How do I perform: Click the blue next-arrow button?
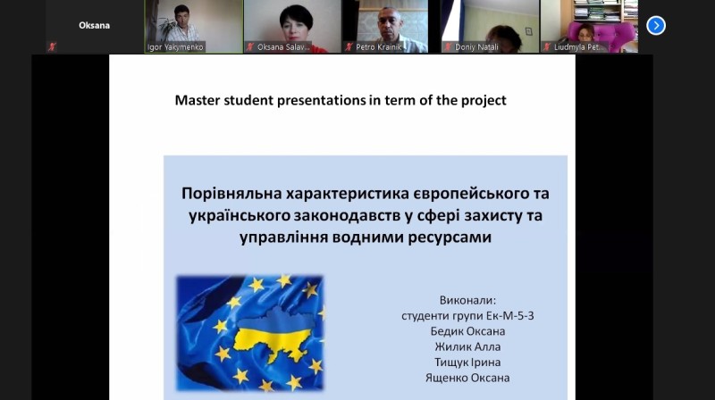point(656,26)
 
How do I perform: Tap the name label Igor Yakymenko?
point(175,47)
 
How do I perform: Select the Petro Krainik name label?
point(378,47)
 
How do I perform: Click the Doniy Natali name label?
point(476,47)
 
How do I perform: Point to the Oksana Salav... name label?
point(283,47)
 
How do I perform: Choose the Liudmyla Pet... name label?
point(579,47)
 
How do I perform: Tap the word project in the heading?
point(484,101)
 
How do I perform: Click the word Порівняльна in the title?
point(231,194)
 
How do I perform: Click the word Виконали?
point(467,300)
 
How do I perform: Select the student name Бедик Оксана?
point(467,331)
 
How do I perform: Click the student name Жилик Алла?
point(467,346)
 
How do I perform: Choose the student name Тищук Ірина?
point(467,362)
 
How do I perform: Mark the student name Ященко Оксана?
point(467,378)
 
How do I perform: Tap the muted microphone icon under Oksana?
point(53,46)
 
